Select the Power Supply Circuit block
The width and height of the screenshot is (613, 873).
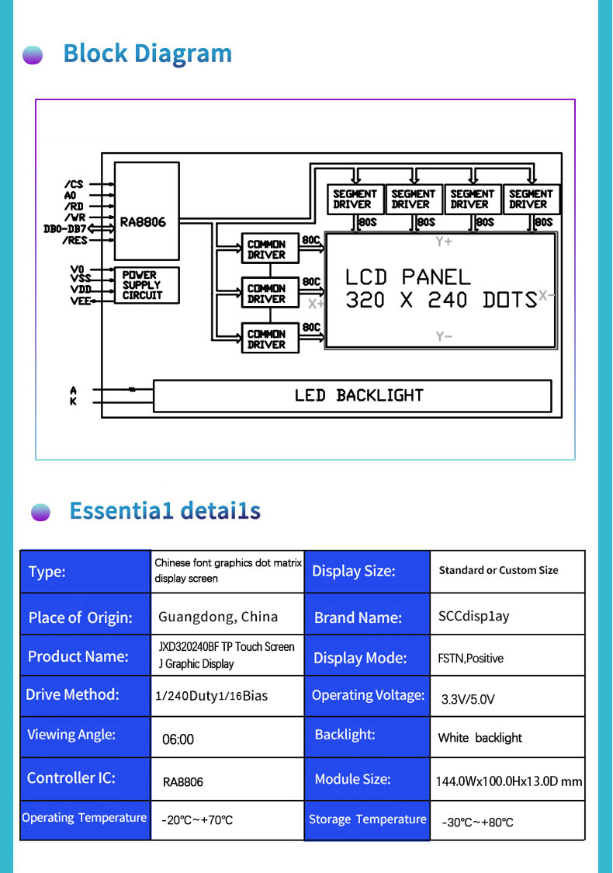pos(147,285)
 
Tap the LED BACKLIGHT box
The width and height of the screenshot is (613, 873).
pos(352,395)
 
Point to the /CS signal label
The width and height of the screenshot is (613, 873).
pos(74,185)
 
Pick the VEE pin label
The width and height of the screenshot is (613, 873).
pos(80,301)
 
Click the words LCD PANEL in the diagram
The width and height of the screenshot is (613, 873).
pos(407,277)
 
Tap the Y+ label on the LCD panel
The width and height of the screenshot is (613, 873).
pos(444,242)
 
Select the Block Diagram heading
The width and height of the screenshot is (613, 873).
pos(147,54)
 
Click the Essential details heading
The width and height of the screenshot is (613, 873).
pos(165,511)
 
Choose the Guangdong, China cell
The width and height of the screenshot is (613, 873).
pos(218,617)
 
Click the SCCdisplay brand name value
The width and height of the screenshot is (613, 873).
pos(473,617)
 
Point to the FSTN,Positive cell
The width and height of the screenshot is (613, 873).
pos(470,659)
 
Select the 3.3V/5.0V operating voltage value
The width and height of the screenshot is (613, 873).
pos(467,699)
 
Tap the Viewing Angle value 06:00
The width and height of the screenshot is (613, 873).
pos(178,739)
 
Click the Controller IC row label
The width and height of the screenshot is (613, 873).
pos(71,778)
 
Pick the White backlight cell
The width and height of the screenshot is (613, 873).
pos(480,738)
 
